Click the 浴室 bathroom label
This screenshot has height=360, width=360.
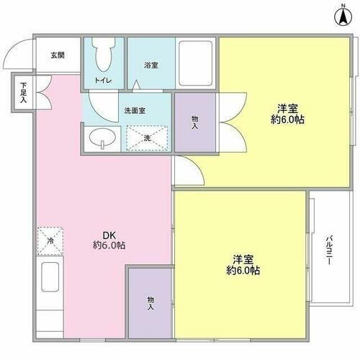(150, 66)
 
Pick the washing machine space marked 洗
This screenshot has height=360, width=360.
(147, 138)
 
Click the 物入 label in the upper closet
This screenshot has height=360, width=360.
(194, 123)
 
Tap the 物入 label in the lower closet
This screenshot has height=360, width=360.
(150, 303)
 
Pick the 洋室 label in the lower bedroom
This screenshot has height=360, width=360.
(243, 258)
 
